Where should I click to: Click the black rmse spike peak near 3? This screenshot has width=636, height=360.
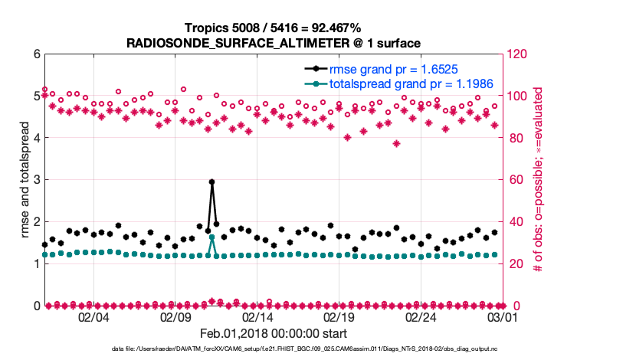coord(211,182)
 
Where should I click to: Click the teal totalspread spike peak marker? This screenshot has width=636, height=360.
coord(211,237)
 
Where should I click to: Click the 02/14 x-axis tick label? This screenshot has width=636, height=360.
coord(257,317)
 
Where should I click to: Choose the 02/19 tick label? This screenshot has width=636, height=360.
coord(339,317)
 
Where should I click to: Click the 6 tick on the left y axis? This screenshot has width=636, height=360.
coord(35,54)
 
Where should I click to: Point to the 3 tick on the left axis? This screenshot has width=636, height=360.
coord(35,180)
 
